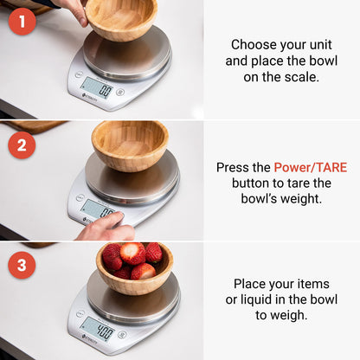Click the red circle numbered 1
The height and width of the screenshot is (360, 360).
tap(22, 20)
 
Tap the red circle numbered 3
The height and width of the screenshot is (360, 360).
tap(22, 265)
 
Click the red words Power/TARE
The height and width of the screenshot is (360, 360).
tap(310, 167)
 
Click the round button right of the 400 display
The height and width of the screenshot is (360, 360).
tap(122, 334)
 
